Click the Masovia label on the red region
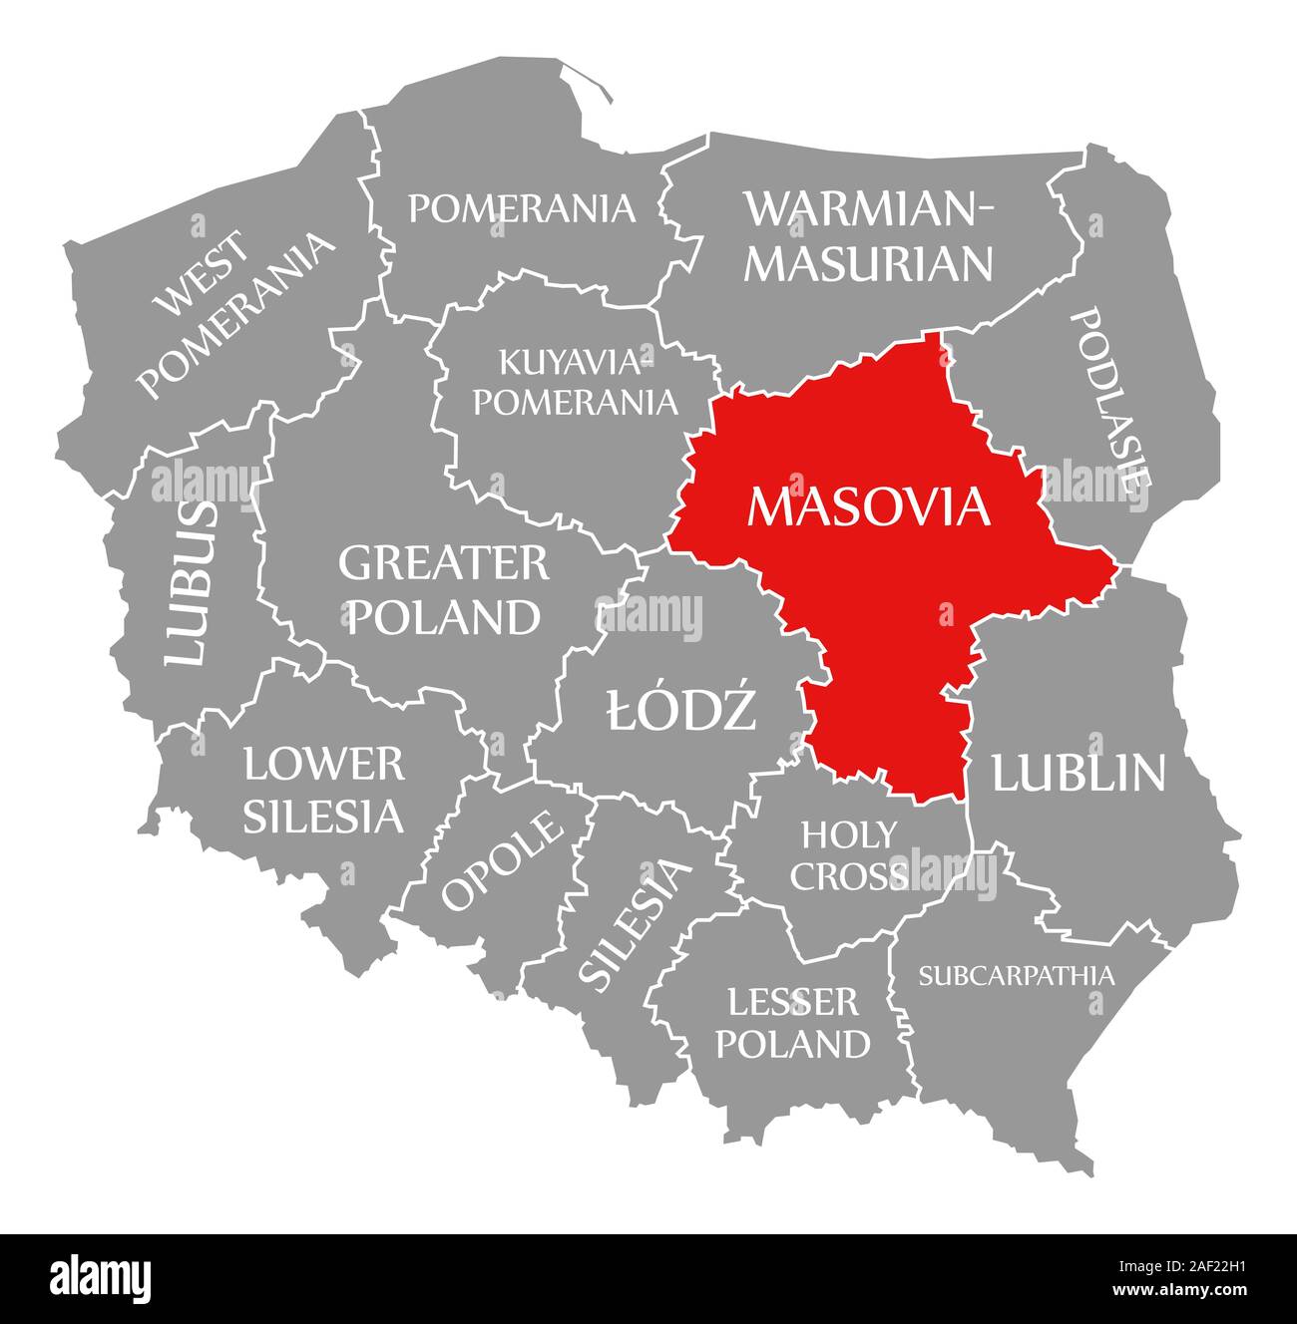[868, 506]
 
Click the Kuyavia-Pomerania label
[575, 382]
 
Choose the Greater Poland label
[443, 590]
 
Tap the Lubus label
[190, 583]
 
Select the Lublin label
[1078, 773]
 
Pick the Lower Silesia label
[324, 791]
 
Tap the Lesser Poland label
[793, 1023]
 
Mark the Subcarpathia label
[1016, 974]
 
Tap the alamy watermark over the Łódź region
[648, 614]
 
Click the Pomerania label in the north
[522, 207]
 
